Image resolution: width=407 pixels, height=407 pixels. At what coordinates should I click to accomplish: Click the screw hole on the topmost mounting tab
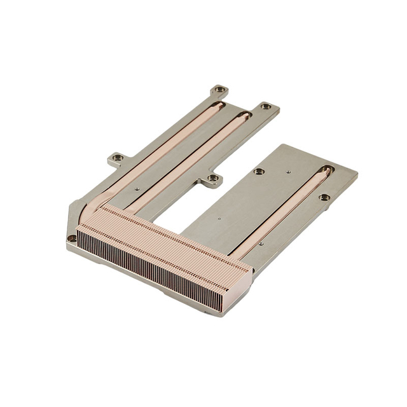[219, 90]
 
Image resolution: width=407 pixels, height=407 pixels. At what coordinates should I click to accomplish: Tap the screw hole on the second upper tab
[266, 106]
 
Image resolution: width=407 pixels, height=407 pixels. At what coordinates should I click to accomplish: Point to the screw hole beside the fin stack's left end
[72, 238]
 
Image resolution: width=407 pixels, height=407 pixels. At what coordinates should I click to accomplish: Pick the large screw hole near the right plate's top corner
[258, 171]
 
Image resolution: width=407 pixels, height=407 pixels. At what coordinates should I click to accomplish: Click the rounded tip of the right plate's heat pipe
[326, 171]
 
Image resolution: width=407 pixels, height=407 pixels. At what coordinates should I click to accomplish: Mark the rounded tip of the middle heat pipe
[242, 116]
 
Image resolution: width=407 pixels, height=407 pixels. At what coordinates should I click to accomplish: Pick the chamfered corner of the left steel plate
[70, 216]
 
